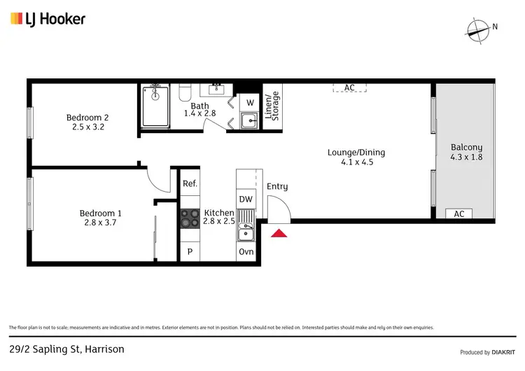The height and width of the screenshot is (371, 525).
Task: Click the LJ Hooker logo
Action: tap(48, 19)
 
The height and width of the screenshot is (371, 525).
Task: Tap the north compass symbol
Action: tap(478, 29)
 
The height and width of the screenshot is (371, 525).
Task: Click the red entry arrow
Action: tap(279, 234)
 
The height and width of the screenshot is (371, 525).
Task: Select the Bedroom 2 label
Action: tap(87, 118)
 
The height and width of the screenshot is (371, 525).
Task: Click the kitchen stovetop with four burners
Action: tap(190, 218)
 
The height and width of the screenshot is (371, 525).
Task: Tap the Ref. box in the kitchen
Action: tap(190, 183)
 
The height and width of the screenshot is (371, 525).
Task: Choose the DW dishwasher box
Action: tap(246, 199)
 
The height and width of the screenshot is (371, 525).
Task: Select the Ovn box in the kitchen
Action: tap(246, 252)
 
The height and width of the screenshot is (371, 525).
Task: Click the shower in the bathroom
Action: tap(155, 106)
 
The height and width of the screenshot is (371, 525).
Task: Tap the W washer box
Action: tap(250, 101)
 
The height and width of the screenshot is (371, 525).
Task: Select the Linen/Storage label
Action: tap(272, 106)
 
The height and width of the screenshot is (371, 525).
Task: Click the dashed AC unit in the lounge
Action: tap(349, 87)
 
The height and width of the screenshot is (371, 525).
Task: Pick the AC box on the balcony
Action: tap(459, 214)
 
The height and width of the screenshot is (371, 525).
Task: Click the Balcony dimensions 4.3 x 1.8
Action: tap(466, 157)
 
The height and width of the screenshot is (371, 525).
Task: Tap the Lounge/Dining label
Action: tap(356, 153)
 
